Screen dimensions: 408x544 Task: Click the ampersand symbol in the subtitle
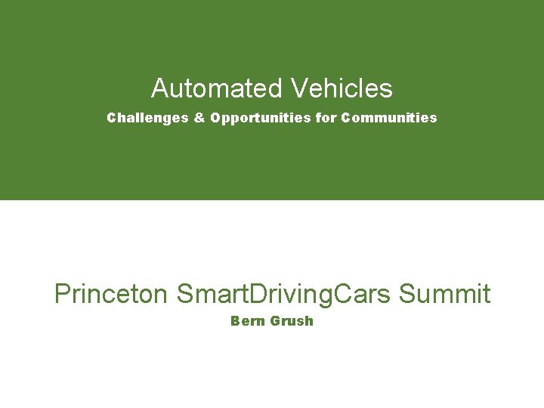200,118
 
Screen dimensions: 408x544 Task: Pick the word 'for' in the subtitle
326,118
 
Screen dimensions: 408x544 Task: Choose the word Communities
389,118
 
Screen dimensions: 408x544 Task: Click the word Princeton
111,293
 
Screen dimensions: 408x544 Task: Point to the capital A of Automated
159,88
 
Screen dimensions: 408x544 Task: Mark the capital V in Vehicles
296,88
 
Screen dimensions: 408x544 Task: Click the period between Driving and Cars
330,301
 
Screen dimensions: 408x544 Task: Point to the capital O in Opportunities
216,118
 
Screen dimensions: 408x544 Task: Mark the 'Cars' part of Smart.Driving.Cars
362,293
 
